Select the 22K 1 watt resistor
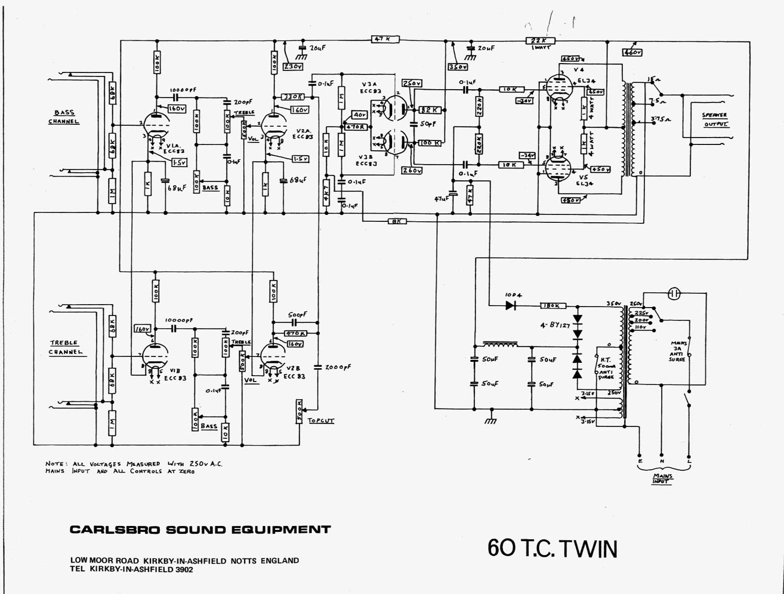tap(539, 41)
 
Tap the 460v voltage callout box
tap(632, 52)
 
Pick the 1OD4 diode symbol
tap(511, 305)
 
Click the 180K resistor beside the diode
tap(553, 306)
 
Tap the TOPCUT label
tap(321, 421)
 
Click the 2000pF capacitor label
tap(338, 367)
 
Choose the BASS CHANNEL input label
tap(64, 117)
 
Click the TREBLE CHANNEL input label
tap(65, 347)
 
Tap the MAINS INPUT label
tap(662, 478)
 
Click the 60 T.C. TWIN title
tap(552, 548)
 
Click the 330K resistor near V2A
tap(293, 96)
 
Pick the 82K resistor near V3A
tap(430, 110)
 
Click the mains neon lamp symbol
tap(674, 293)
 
